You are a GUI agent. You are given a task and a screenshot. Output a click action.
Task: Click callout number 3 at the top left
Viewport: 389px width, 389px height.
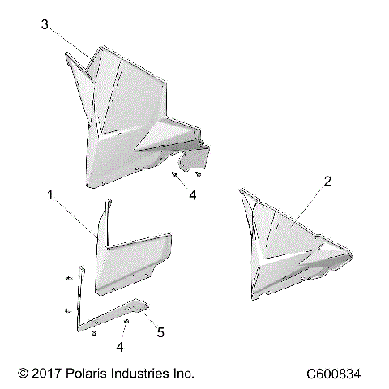[45, 25]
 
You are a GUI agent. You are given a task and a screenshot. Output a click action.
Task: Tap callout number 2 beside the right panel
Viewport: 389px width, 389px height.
[327, 183]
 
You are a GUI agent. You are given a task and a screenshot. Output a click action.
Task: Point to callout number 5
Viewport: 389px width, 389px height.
[161, 331]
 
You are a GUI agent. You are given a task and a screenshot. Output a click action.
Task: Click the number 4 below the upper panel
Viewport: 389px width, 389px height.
[192, 195]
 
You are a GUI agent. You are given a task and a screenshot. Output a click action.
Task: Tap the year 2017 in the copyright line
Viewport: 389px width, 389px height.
[53, 374]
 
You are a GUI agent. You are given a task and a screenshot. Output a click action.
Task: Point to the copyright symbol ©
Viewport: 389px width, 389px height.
[23, 374]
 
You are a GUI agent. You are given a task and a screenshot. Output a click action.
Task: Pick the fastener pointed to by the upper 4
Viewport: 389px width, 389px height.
[175, 174]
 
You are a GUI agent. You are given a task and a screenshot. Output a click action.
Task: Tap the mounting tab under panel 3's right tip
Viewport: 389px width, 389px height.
[199, 159]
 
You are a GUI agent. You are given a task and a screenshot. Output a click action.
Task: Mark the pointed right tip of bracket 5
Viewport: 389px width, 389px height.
[145, 303]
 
